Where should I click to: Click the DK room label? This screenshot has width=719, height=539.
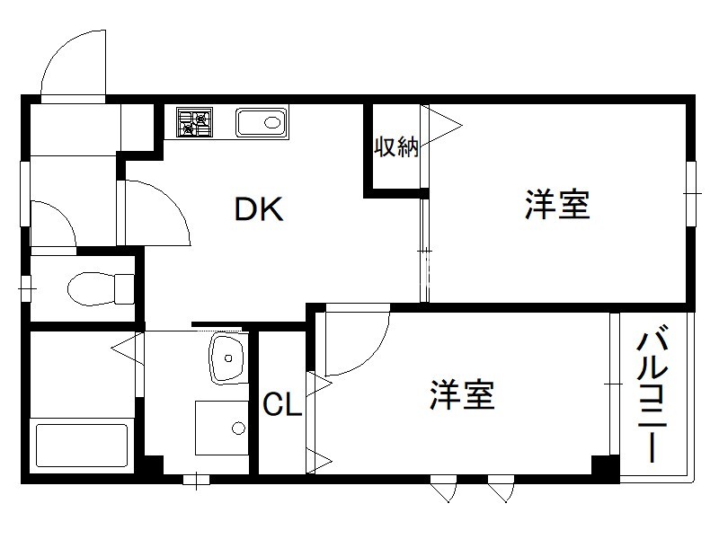tap(259, 209)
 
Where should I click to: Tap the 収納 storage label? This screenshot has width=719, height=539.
tap(396, 147)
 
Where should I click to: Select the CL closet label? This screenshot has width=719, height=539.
tap(282, 405)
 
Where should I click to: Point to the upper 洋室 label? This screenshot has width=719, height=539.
tap(557, 205)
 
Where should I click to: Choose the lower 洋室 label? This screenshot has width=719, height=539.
tap(462, 394)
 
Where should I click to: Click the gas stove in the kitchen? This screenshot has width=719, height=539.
tap(195, 122)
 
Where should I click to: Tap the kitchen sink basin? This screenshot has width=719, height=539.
tap(262, 122)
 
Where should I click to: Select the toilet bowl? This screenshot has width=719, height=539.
tap(101, 288)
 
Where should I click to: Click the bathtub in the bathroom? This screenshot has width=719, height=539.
tap(82, 446)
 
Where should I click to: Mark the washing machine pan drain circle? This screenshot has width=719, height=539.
tap(238, 429)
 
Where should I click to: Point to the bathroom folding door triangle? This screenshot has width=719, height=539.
tap(127, 349)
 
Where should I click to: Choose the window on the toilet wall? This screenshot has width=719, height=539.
tap(26, 288)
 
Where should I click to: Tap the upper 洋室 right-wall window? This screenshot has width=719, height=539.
tap(691, 193)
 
